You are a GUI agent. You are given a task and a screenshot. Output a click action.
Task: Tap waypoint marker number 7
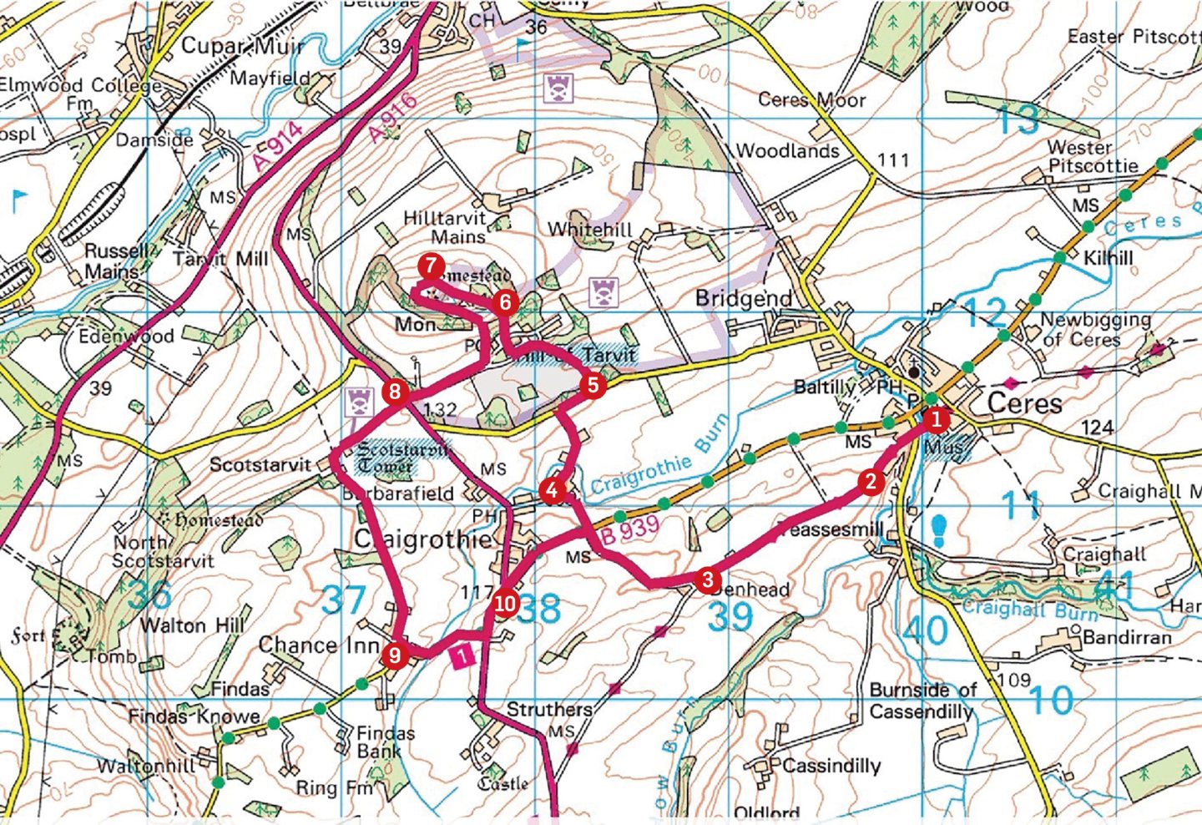point(430,267)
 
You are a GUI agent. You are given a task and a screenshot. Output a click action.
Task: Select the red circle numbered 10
point(505,603)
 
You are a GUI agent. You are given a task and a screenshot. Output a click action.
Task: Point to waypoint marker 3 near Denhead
point(707,580)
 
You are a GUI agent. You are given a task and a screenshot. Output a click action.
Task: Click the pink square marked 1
point(462,656)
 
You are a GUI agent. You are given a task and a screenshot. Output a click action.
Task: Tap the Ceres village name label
point(1024,403)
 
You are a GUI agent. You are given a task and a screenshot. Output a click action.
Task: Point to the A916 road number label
point(391,118)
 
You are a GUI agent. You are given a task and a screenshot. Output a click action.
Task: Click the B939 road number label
point(630,530)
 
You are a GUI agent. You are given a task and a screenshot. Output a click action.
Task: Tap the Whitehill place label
point(589,230)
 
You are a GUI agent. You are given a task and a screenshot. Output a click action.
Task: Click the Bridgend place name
point(743,298)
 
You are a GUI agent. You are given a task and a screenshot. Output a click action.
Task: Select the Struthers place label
point(549,710)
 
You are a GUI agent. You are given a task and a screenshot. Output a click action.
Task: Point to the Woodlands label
point(787,151)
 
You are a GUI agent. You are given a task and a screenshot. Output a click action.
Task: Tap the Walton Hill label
point(193,625)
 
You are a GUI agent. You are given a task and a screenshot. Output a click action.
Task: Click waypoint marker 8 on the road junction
point(394,392)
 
